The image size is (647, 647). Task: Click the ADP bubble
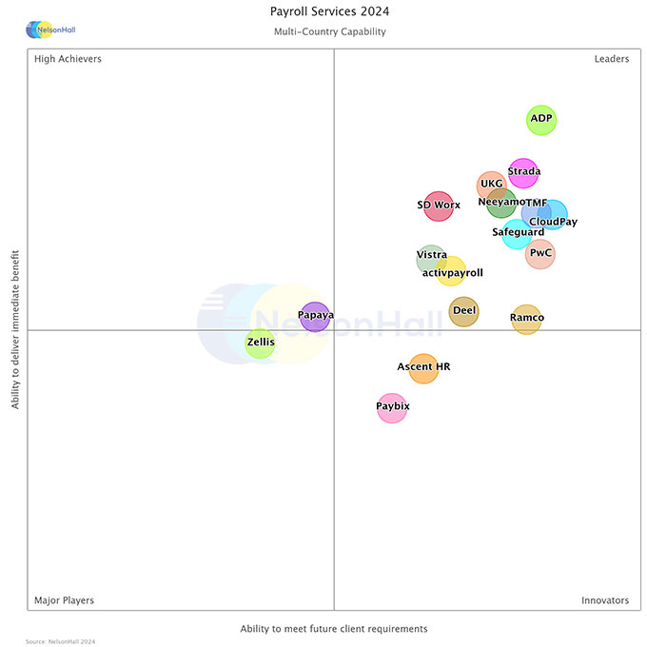pos(541,120)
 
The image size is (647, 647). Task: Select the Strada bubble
pos(523,173)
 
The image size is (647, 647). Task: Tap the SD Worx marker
pos(438,206)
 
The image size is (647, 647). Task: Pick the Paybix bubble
pos(392,407)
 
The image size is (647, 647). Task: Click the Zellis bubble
pos(260,342)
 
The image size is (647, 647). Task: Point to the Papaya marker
pos(315,315)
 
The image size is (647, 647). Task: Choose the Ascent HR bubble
pos(423,367)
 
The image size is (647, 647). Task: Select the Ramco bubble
pos(526,319)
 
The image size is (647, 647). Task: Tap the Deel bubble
pos(464,311)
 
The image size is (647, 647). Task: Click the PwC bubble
pos(540,254)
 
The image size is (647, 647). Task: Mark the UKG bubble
pos(491,185)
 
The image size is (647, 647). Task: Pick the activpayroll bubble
pos(451,272)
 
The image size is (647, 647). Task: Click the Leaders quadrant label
pos(611,59)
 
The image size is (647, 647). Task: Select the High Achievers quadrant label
pos(68,59)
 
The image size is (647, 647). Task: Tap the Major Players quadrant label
pos(64,600)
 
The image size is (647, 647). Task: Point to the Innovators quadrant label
pos(605,600)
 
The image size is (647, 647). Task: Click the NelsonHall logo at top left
pos(49,30)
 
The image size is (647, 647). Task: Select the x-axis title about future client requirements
pos(334,629)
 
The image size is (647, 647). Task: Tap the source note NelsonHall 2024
pos(61,641)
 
